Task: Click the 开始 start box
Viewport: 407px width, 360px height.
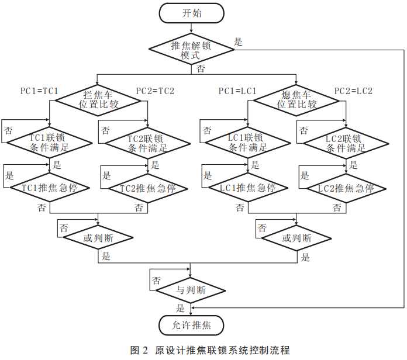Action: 191,13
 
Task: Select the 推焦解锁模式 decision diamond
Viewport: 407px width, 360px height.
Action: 191,50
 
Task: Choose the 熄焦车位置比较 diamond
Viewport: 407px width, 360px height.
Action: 297,100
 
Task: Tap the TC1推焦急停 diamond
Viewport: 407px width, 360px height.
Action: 50,188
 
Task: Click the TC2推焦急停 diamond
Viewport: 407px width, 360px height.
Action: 148,188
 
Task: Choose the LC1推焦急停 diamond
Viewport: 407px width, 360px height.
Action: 247,188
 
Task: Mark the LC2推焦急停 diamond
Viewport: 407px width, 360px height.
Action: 346,188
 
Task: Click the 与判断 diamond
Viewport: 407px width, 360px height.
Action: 191,290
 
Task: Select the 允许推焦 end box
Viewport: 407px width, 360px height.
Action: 191,325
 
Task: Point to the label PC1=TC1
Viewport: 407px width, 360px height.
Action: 40,91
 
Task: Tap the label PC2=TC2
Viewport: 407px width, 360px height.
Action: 155,91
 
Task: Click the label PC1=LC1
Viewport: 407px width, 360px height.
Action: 238,91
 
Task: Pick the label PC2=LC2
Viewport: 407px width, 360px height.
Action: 353,91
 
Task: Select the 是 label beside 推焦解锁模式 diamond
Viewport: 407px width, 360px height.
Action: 238,42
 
